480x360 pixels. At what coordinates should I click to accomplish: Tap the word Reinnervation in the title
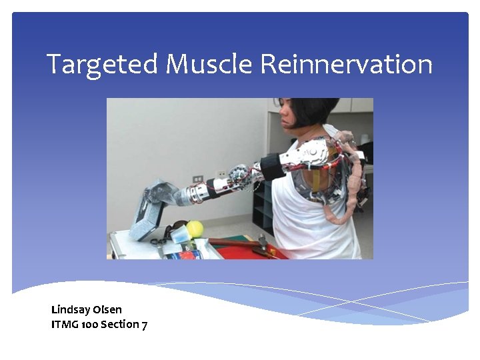click(346, 65)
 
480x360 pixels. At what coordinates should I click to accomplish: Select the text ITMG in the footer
click(65, 325)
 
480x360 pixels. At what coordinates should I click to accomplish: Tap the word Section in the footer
click(120, 325)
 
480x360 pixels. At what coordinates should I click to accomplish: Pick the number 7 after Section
click(145, 325)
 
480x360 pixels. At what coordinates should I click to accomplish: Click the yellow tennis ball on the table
click(194, 229)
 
